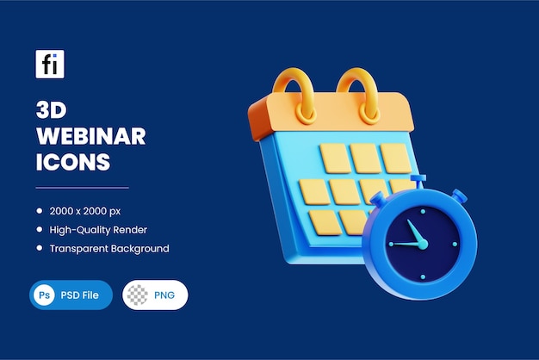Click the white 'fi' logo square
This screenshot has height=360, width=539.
click(x=50, y=65)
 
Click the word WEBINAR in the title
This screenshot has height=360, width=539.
click(x=90, y=136)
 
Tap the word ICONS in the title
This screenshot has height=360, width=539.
click(x=73, y=161)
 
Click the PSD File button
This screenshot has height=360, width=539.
click(x=71, y=295)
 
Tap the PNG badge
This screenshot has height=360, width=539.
click(x=155, y=295)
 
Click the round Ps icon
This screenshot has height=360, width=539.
click(x=45, y=295)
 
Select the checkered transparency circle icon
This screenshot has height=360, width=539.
click(x=137, y=295)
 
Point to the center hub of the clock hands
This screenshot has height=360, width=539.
click(x=423, y=244)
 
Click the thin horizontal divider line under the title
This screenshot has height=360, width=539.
click(x=82, y=187)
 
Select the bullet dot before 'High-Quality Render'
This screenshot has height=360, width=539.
click(x=40, y=230)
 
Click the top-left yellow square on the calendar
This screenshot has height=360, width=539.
click(x=334, y=158)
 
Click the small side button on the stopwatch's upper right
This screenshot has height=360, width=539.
click(x=459, y=197)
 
